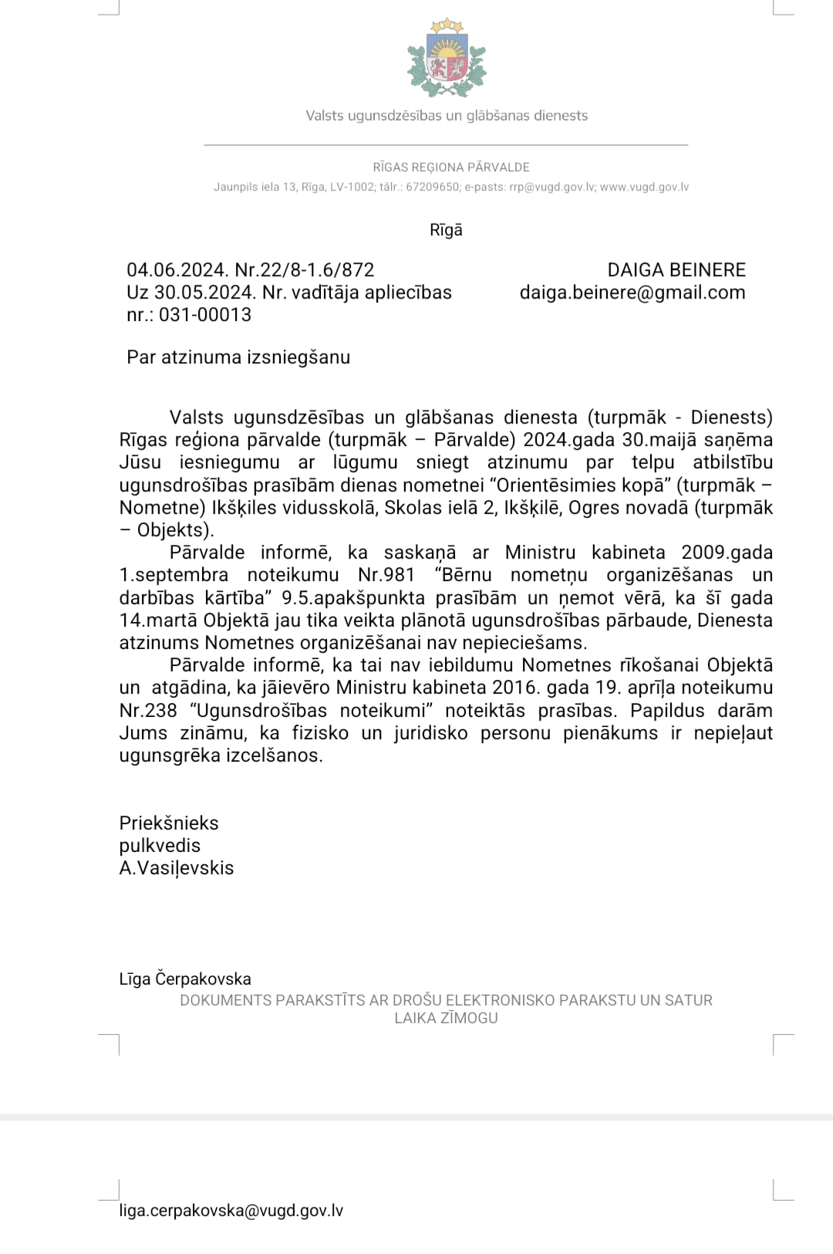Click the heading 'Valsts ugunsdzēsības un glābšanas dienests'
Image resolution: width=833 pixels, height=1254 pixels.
click(447, 116)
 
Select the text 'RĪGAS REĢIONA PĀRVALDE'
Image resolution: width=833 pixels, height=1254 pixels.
click(451, 167)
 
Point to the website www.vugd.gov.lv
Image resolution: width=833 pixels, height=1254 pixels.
click(644, 188)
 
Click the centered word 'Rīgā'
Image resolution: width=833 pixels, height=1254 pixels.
click(446, 230)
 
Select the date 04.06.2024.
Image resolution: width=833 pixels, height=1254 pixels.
click(177, 270)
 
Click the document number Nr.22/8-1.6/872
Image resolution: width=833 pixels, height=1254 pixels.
click(305, 270)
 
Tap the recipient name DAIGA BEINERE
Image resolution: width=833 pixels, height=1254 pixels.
click(676, 270)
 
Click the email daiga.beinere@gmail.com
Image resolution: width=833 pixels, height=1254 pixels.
click(632, 292)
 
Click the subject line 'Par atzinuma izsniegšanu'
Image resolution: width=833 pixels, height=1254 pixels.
click(238, 357)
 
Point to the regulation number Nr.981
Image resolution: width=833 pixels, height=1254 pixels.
click(386, 575)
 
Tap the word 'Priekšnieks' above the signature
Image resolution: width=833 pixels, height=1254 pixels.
click(169, 823)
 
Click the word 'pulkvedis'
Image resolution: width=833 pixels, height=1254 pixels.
click(160, 846)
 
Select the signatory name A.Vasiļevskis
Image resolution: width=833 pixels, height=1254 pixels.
click(177, 868)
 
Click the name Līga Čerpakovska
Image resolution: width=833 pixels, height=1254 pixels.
click(185, 979)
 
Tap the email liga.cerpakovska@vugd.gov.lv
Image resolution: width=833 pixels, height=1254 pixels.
click(231, 1211)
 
